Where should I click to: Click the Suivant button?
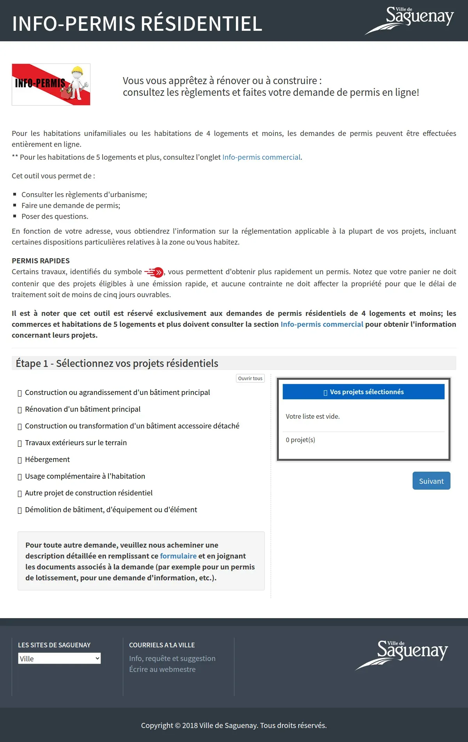(x=431, y=481)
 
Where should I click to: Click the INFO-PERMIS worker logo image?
(x=51, y=85)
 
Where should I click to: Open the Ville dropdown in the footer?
(x=59, y=658)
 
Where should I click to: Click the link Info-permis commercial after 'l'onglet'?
(x=261, y=157)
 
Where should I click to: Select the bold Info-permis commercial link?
(x=322, y=324)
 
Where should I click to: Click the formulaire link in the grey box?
(x=178, y=556)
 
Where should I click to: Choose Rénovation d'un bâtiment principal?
(x=83, y=409)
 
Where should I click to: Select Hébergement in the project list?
(x=47, y=459)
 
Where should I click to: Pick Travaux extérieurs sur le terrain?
(x=76, y=442)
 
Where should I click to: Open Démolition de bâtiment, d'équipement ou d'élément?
(x=111, y=509)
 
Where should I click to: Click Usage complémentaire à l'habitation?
(x=85, y=476)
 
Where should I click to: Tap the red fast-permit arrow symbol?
(x=154, y=272)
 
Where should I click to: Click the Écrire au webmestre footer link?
(x=162, y=669)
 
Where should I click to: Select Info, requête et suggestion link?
(x=172, y=658)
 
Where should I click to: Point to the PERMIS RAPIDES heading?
(x=41, y=261)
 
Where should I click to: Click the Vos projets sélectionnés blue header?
(x=363, y=392)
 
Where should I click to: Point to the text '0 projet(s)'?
(x=300, y=440)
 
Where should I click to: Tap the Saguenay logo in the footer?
(x=402, y=654)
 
